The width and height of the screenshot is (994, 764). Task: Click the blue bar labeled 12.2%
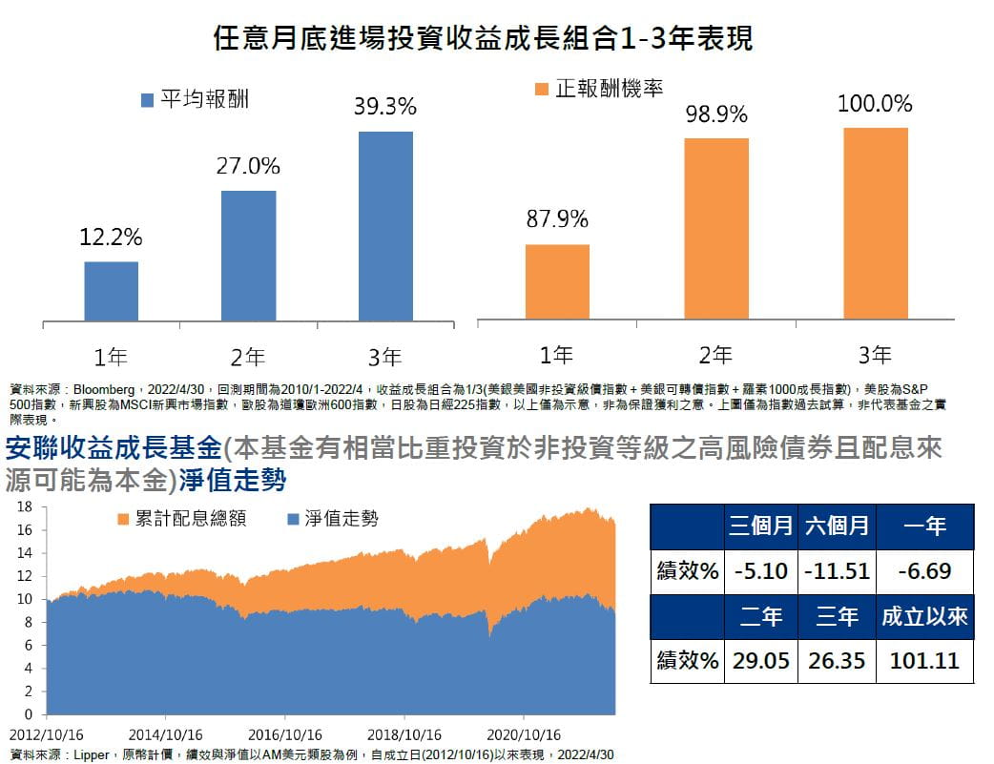[112, 291]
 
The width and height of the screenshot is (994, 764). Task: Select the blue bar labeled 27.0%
[249, 256]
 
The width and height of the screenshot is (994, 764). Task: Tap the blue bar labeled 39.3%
[385, 226]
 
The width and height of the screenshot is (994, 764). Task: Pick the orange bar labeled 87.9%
[557, 281]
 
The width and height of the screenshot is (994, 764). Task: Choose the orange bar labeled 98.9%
[716, 228]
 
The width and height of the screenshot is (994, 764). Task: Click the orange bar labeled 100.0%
[875, 223]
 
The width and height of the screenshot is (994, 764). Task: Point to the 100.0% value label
[875, 103]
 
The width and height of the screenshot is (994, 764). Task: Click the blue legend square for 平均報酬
[147, 99]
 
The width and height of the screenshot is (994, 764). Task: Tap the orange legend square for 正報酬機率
[542, 89]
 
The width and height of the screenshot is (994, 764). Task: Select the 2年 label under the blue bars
[248, 358]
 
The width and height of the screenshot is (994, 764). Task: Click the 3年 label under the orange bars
[875, 356]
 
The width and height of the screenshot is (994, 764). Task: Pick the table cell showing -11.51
[837, 571]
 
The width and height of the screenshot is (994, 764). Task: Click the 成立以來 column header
[924, 617]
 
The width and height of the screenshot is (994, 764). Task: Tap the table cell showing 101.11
[924, 660]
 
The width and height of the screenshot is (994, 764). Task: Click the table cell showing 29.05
[760, 660]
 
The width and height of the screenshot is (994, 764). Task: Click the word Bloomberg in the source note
[105, 389]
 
